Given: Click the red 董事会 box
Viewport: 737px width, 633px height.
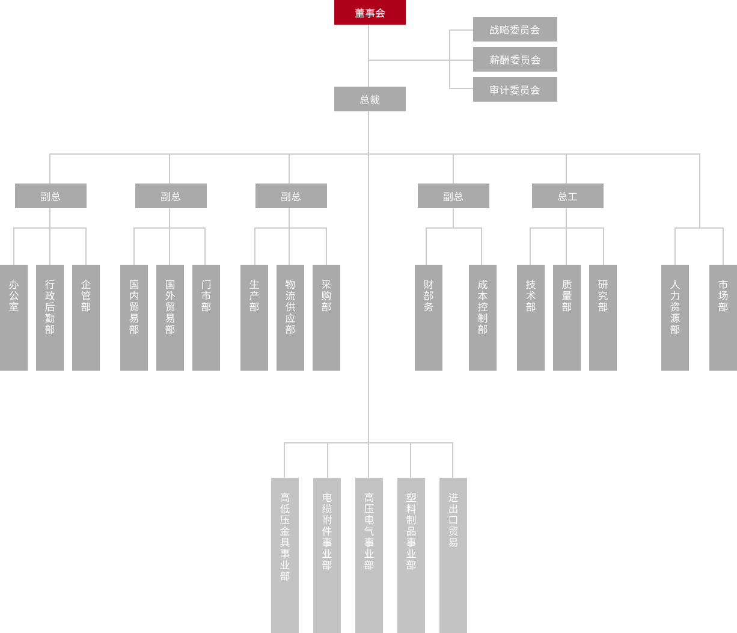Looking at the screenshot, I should click(x=370, y=13).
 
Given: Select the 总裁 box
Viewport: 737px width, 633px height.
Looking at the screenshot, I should click(x=370, y=99).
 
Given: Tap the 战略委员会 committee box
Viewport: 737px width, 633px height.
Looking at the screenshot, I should click(x=515, y=29).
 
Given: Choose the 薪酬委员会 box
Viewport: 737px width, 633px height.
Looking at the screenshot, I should click(x=515, y=60).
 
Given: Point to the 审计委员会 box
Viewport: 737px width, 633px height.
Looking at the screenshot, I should click(x=515, y=90).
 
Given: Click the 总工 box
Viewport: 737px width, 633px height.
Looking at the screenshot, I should click(x=567, y=196).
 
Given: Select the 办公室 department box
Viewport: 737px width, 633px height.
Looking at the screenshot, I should click(x=14, y=317).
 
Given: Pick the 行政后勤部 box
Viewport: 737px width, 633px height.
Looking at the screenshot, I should click(x=50, y=317).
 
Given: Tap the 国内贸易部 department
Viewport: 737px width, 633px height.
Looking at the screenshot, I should click(x=134, y=317).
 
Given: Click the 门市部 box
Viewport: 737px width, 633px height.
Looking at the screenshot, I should click(x=206, y=317).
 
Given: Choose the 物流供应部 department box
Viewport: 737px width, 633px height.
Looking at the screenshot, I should click(x=290, y=317).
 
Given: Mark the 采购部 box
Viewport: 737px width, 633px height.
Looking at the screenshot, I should click(x=326, y=317).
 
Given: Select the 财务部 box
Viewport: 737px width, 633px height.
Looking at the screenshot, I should click(x=429, y=317).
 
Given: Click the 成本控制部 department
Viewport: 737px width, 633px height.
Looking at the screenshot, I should click(x=483, y=317).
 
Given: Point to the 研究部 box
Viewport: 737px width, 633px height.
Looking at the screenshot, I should click(x=603, y=317).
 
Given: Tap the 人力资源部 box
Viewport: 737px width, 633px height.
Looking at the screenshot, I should click(x=675, y=317).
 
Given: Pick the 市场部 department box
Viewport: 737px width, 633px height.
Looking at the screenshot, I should click(x=723, y=317).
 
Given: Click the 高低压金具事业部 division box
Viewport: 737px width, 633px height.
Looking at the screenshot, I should click(x=285, y=555).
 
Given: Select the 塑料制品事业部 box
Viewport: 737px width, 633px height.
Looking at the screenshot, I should click(x=411, y=555).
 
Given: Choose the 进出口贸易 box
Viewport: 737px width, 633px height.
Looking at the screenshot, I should click(x=453, y=555).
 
